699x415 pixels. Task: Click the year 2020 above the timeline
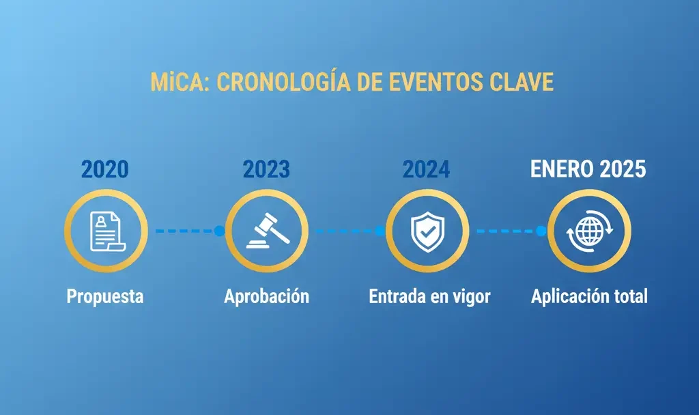pyautogui.click(x=105, y=169)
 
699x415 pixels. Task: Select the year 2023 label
pyautogui.click(x=266, y=169)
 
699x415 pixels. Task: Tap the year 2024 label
pyautogui.click(x=427, y=169)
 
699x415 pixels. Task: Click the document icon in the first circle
pyautogui.click(x=105, y=231)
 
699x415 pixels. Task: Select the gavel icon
pyautogui.click(x=266, y=231)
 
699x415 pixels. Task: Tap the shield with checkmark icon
pyautogui.click(x=427, y=231)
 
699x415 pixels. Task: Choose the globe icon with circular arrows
pyautogui.click(x=589, y=231)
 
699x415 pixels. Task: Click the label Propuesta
pyautogui.click(x=105, y=297)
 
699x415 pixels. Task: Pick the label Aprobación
pyautogui.click(x=266, y=297)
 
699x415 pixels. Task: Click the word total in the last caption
pyautogui.click(x=629, y=297)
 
